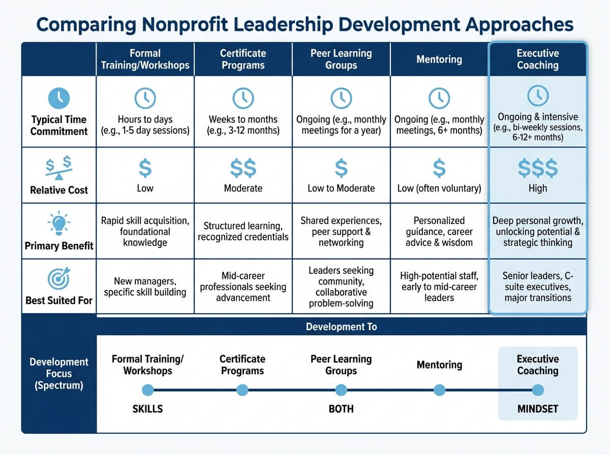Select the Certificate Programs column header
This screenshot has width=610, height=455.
[243, 59]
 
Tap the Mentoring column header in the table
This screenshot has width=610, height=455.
[439, 59]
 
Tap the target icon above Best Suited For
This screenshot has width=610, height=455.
[59, 279]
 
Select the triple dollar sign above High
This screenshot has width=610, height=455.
[537, 168]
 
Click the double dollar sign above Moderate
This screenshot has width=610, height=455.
[243, 168]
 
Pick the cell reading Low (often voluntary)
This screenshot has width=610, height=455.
[439, 188]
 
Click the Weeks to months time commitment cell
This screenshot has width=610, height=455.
[243, 125]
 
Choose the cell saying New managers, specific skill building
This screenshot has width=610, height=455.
[145, 286]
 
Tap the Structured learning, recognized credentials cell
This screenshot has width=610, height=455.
[243, 231]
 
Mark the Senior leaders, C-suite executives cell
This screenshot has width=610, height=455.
[537, 286]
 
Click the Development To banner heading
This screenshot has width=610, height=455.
[341, 327]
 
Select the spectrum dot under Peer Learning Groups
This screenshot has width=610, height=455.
[341, 390]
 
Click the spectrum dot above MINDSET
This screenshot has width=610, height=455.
[537, 390]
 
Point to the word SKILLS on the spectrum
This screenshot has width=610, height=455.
[147, 409]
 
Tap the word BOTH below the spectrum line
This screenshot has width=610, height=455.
[341, 409]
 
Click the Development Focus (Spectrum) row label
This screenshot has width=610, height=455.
[59, 373]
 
